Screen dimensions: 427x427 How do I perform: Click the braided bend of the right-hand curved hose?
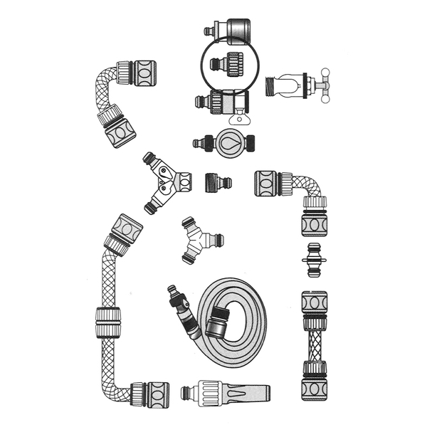[309, 184]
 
